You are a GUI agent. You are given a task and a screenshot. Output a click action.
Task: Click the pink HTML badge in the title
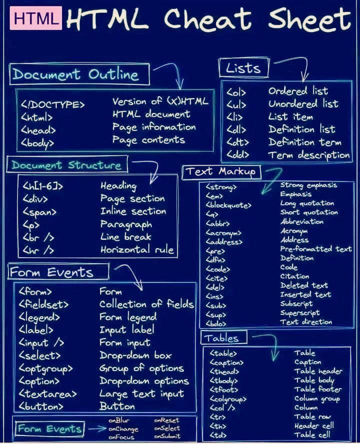37,18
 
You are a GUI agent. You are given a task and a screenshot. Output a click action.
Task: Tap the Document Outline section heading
75,75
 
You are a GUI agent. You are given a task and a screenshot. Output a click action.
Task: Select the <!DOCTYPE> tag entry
53,105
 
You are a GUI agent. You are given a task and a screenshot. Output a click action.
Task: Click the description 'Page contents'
148,140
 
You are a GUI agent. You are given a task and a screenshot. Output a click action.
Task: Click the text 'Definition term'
304,142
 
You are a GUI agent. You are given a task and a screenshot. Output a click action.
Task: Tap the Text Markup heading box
220,172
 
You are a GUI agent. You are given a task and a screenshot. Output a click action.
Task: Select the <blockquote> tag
228,205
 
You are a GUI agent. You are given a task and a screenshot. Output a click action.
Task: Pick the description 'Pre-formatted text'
315,249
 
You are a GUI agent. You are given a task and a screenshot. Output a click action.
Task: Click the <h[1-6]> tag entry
43,187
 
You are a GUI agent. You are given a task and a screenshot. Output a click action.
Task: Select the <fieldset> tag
43,304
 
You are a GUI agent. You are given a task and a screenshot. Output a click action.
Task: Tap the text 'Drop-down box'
135,356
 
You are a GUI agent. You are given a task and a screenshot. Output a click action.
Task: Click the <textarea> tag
47,394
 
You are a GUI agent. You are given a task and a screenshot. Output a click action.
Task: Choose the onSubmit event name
167,437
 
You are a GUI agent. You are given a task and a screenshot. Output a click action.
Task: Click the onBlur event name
119,421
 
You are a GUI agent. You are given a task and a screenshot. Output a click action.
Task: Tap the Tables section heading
220,338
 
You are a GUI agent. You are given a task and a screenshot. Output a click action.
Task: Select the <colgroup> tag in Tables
228,399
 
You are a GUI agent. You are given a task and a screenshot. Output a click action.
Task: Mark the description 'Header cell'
313,426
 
